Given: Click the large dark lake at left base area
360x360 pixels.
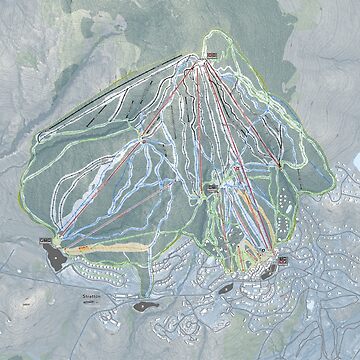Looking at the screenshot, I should (x=56, y=256).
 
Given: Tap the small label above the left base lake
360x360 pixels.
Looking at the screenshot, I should (x=45, y=241).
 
